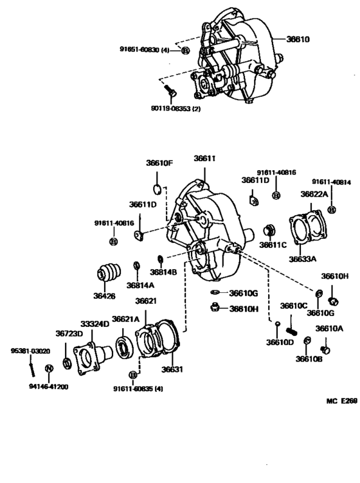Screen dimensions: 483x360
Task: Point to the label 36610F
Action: [x=159, y=163]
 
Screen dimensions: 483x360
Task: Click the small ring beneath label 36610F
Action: [x=157, y=188]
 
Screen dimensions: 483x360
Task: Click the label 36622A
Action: [x=314, y=193]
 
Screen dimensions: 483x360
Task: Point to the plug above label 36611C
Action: [x=271, y=229]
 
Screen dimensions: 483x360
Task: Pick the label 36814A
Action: [x=139, y=285]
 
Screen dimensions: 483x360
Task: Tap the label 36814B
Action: [x=166, y=272]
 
